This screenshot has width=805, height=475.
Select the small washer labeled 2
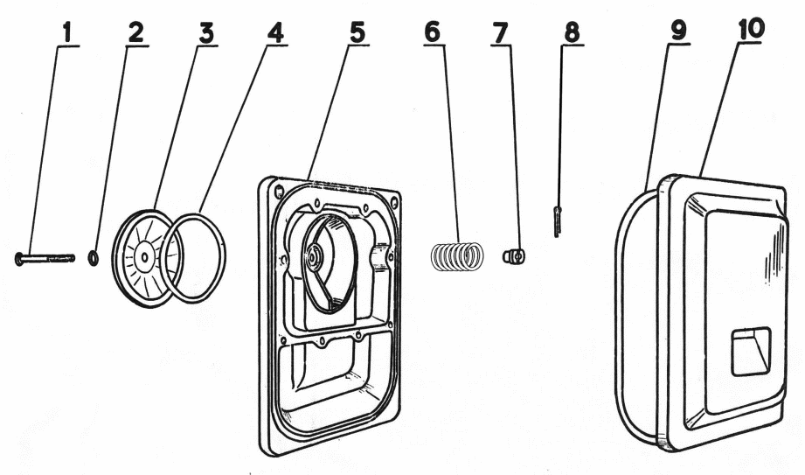[94, 258]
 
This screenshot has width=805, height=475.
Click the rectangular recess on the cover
[751, 350]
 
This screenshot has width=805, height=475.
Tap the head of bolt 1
[20, 258]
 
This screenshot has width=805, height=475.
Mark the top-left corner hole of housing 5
[278, 190]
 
